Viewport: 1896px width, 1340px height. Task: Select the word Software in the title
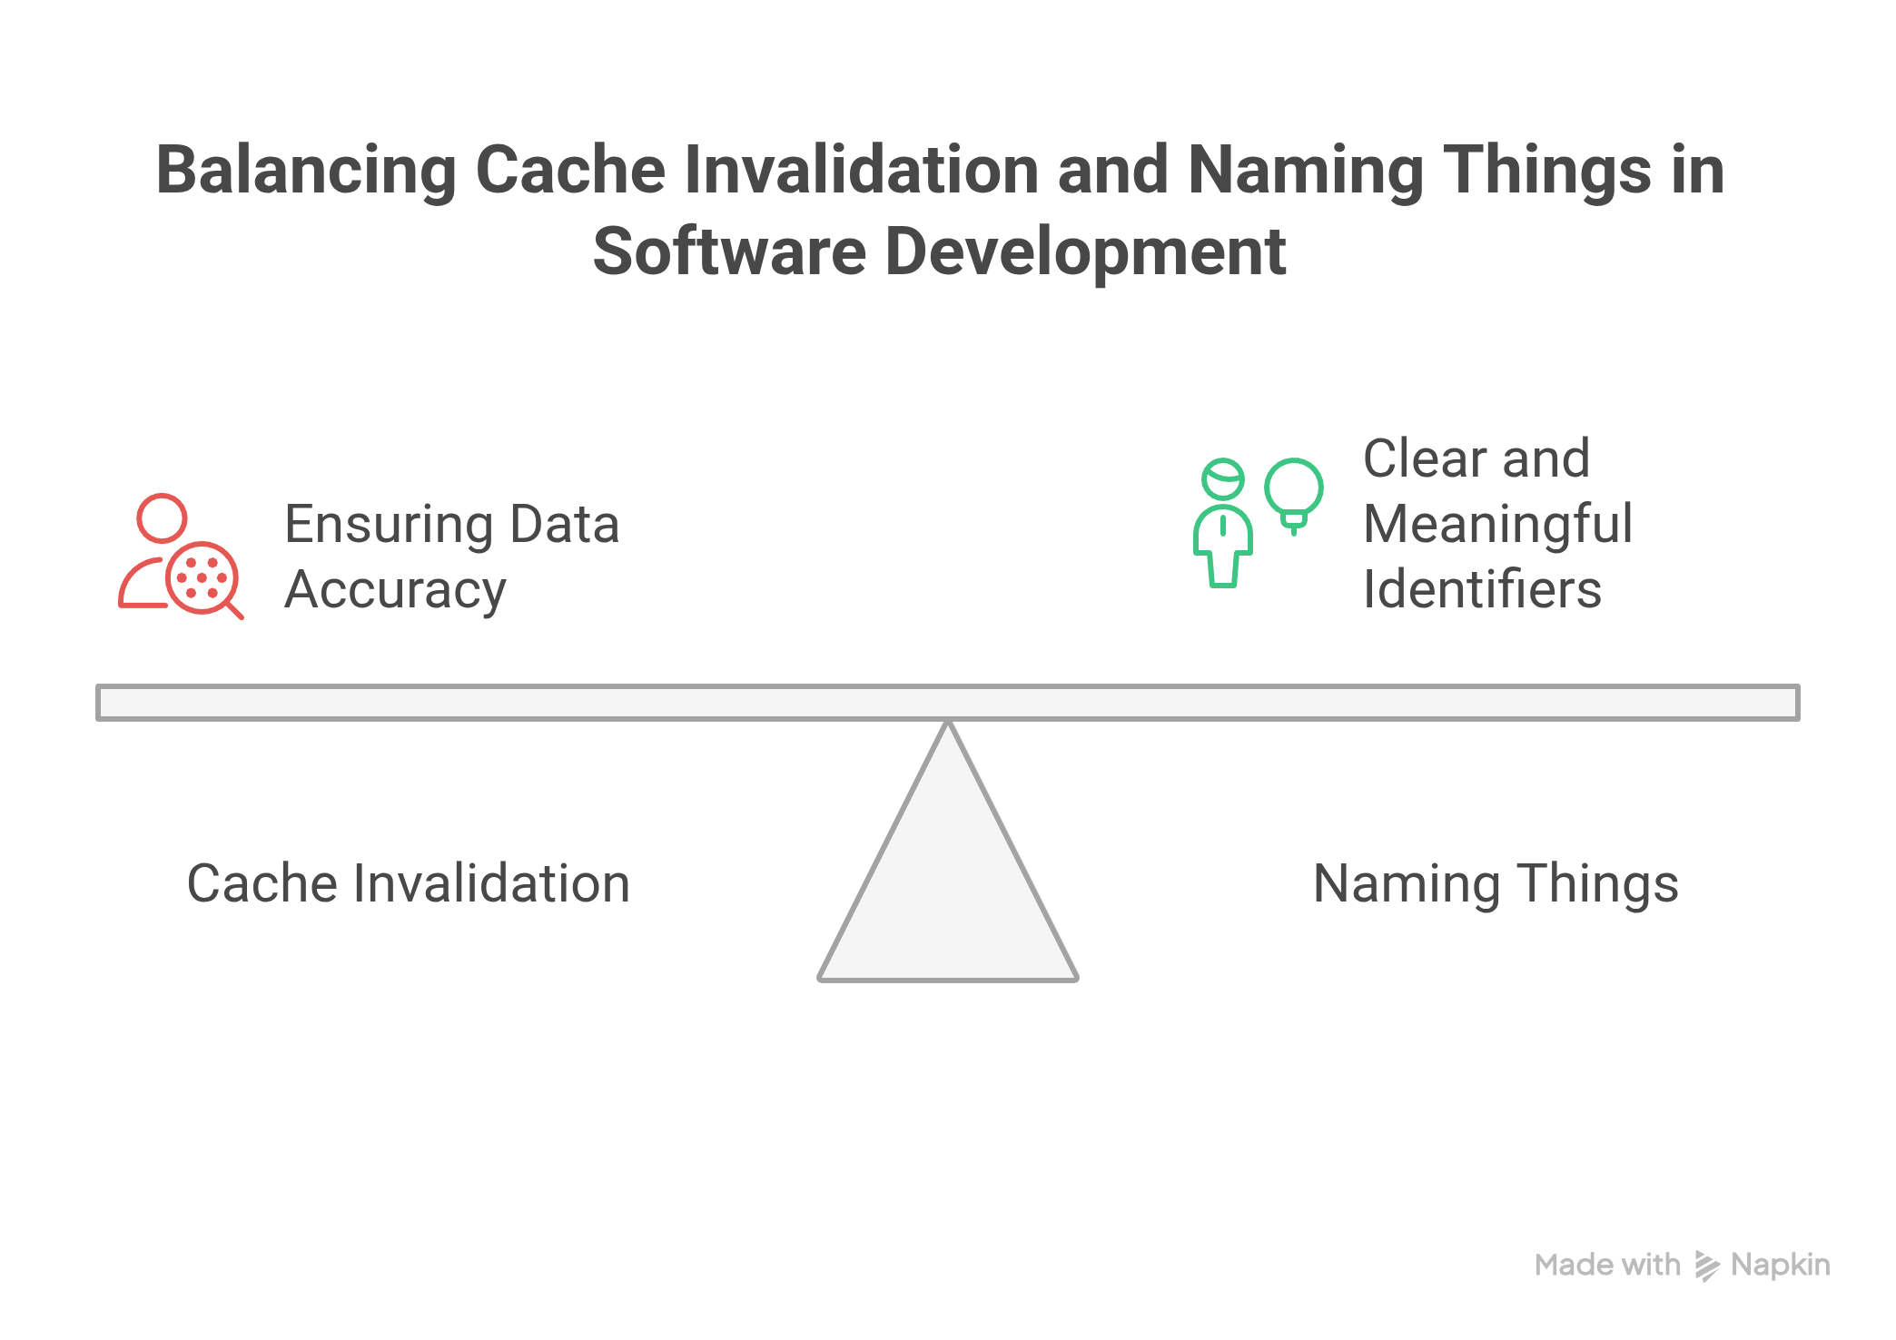729,251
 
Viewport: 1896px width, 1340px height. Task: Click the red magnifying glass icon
203,579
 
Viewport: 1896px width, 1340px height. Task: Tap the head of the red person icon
162,518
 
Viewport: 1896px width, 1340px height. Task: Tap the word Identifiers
1483,589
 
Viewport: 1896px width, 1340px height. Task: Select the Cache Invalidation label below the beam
409,883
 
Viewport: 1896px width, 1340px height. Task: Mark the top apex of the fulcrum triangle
948,723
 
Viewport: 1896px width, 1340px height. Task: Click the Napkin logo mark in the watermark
1707,1266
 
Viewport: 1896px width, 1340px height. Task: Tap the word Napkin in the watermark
1781,1266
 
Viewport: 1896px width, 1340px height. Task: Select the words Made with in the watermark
1607,1265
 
